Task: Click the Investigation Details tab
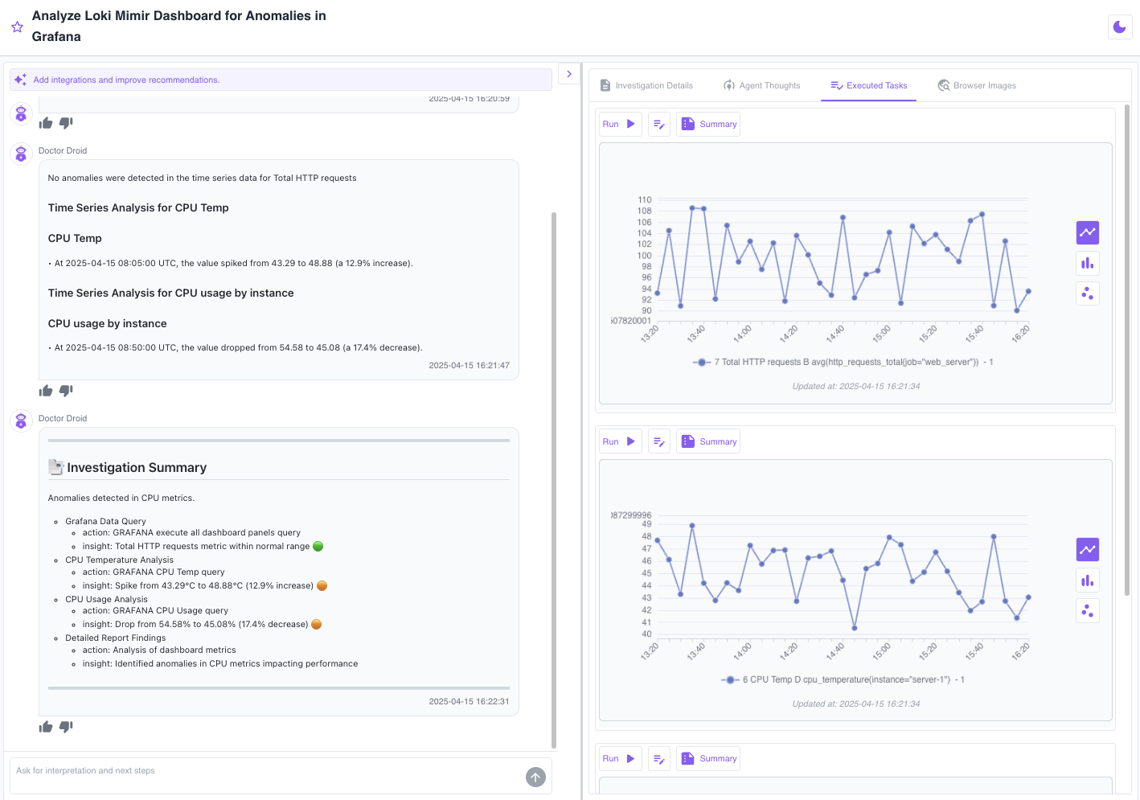[647, 85]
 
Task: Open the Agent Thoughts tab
[762, 85]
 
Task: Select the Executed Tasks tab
[868, 85]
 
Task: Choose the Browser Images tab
[977, 85]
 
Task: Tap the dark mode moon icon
[1119, 27]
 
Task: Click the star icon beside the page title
[17, 27]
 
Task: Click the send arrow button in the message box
[535, 777]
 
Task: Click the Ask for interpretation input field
[265, 771]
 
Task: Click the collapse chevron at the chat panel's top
[569, 74]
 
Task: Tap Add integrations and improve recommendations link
[126, 80]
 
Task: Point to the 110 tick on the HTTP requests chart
[645, 199]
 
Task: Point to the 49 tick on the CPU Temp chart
[646, 524]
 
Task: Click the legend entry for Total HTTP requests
[843, 363]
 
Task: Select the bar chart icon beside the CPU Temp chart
[1087, 581]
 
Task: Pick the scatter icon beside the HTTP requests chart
[1087, 293]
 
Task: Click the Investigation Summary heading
[137, 468]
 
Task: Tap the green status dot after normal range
[318, 547]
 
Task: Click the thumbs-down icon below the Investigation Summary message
[66, 727]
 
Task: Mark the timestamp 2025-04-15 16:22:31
[469, 702]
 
